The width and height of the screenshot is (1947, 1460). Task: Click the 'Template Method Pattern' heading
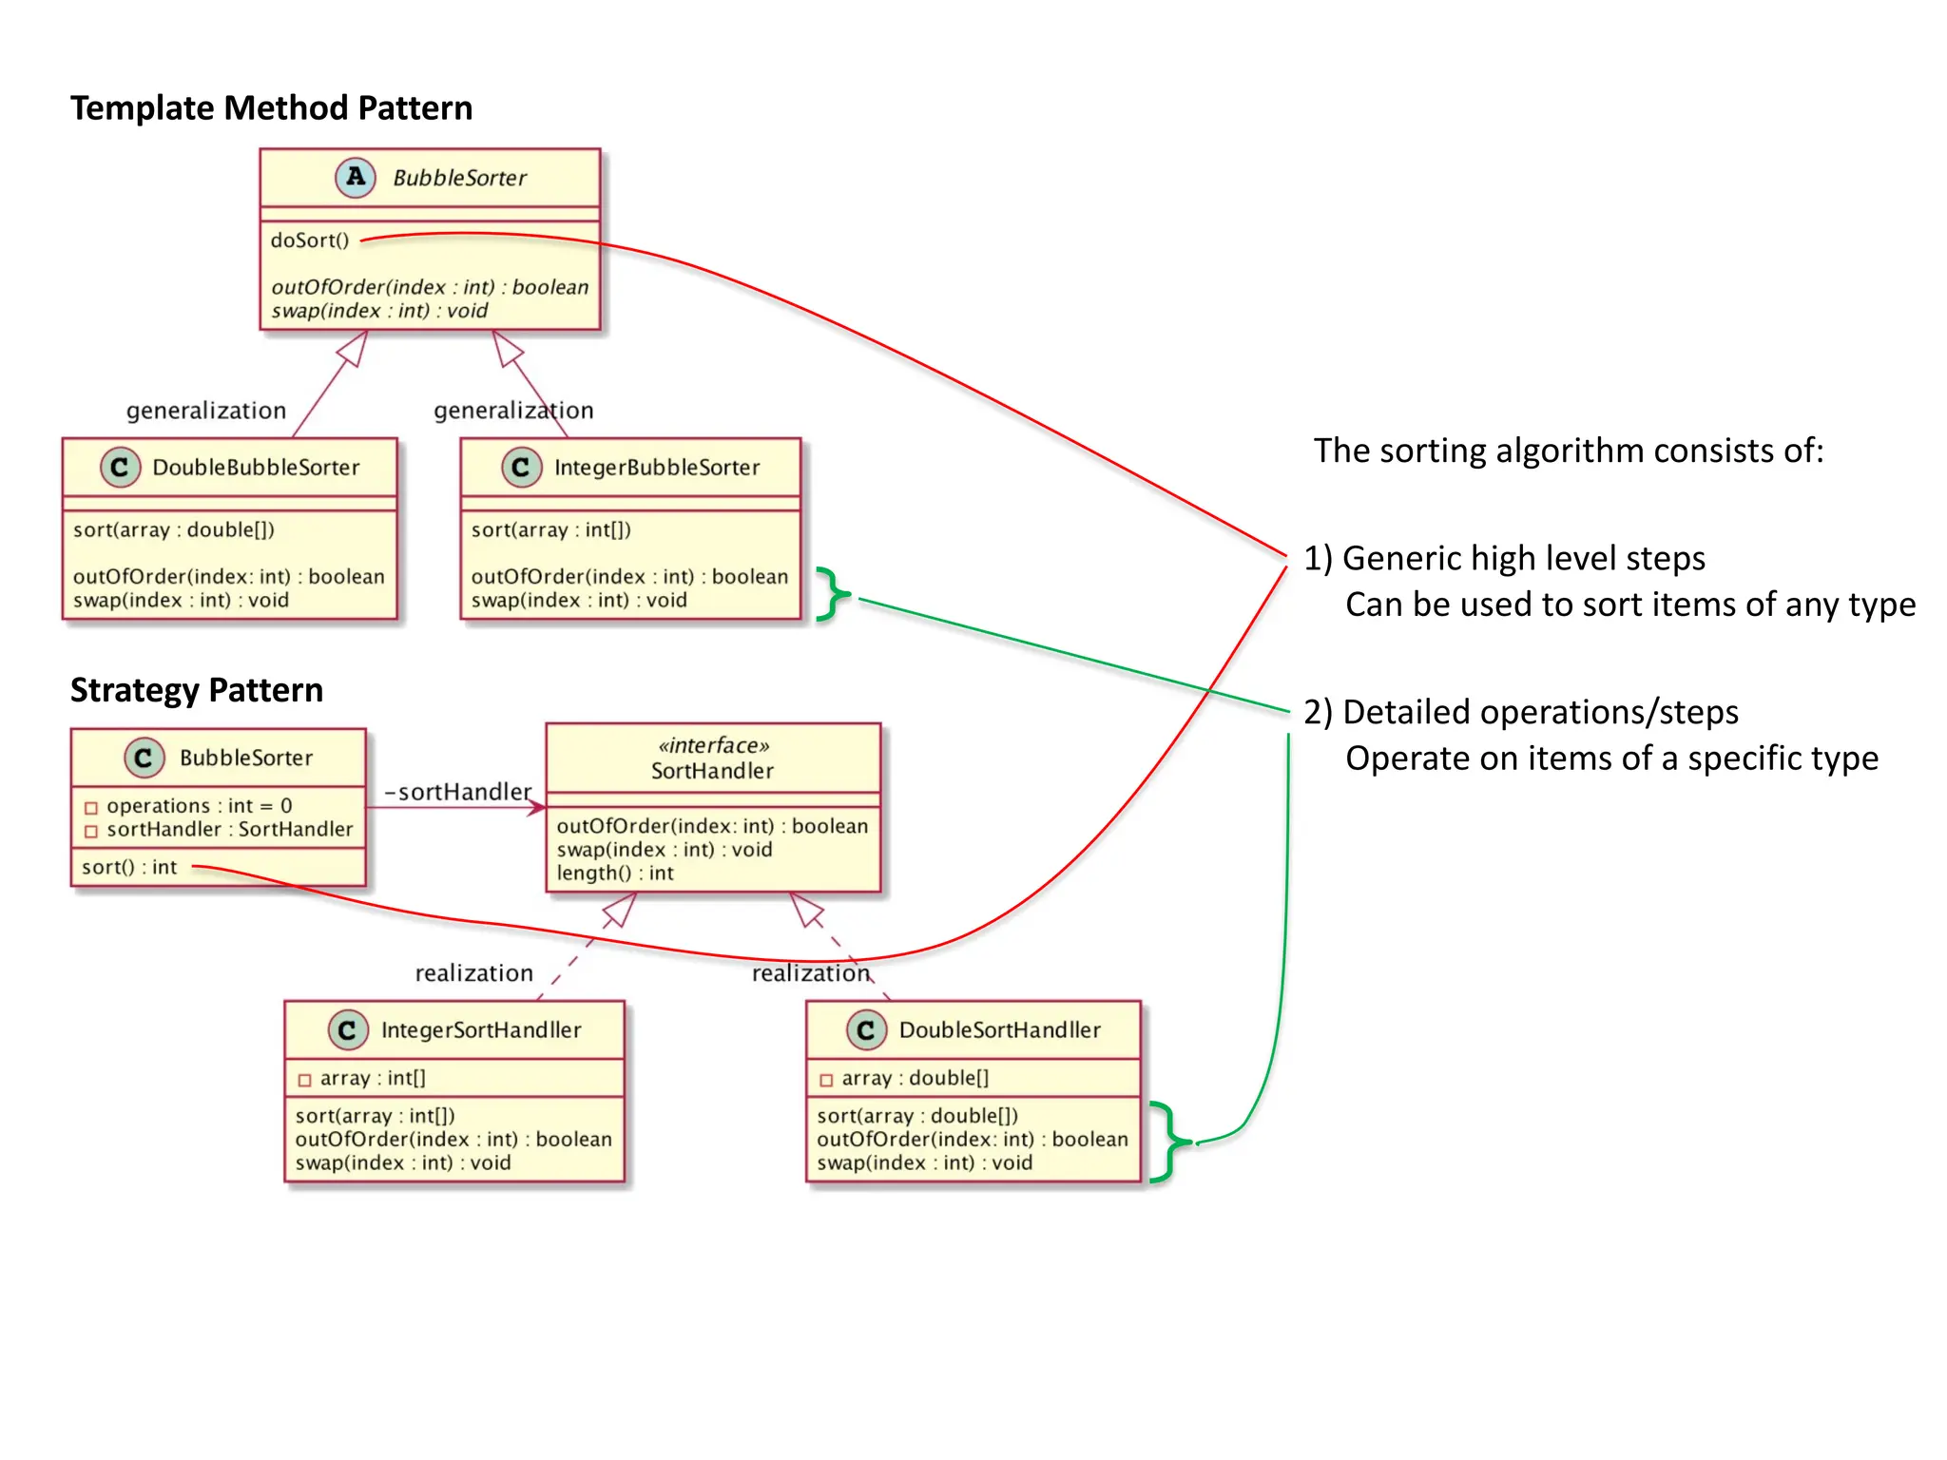click(271, 108)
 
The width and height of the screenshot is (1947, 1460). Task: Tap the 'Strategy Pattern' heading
click(197, 690)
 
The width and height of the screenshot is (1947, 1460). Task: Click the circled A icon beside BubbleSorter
click(356, 177)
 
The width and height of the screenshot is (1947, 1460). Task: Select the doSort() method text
click(310, 240)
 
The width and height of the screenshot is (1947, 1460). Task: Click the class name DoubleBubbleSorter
click(256, 468)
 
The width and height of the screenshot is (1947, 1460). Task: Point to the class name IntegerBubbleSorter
click(657, 468)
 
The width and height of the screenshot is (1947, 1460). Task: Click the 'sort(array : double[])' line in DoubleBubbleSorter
click(174, 529)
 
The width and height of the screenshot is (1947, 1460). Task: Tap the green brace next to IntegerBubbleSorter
click(833, 595)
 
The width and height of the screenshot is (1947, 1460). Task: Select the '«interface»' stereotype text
click(713, 746)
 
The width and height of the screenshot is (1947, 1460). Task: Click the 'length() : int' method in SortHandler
click(615, 874)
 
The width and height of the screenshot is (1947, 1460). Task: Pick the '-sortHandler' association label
click(457, 792)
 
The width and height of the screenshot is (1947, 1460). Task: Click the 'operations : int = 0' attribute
click(199, 806)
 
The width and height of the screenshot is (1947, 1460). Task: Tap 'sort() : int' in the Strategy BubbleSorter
click(129, 867)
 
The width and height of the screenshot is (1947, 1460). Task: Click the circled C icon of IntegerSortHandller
click(347, 1030)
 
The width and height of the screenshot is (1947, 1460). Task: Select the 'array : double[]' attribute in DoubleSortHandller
click(915, 1078)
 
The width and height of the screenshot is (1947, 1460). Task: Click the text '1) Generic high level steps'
click(1504, 558)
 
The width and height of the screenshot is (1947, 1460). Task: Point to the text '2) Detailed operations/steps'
click(1521, 712)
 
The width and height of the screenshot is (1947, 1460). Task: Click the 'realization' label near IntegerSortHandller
click(473, 973)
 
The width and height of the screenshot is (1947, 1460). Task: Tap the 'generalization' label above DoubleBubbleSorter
click(206, 411)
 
